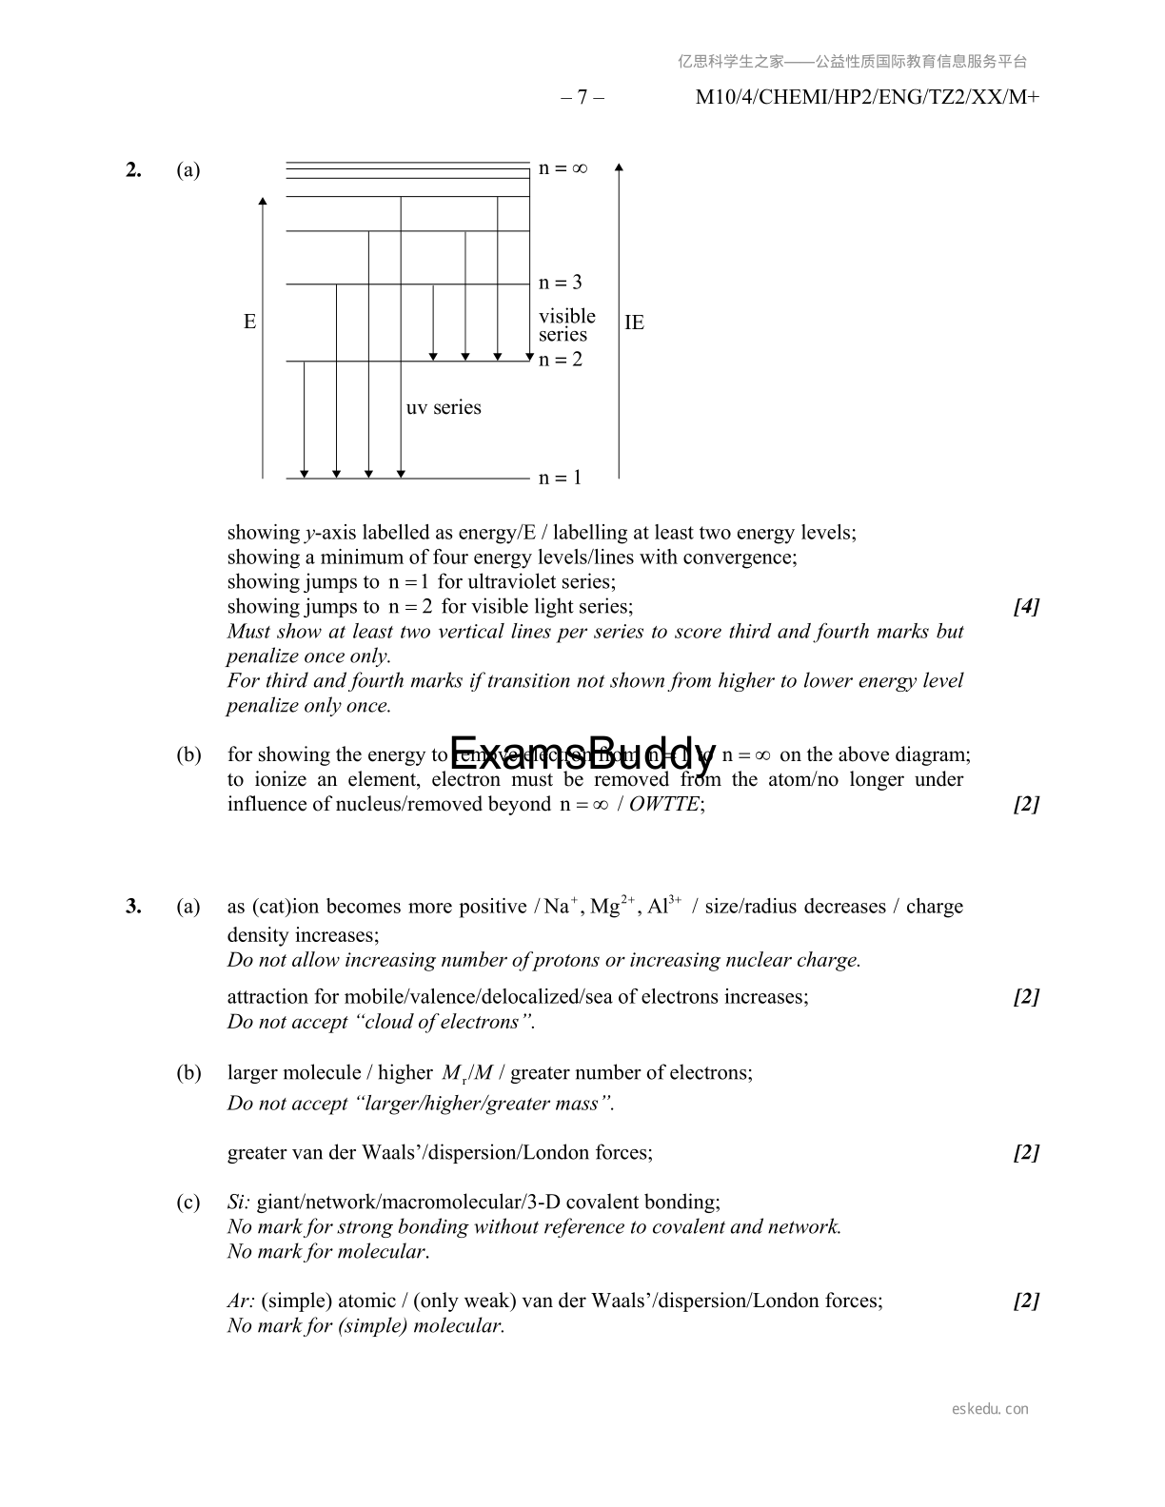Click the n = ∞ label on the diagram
click(x=563, y=168)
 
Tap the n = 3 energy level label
click(x=560, y=283)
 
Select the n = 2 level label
click(x=560, y=360)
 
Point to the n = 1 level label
click(x=560, y=478)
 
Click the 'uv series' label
click(x=444, y=407)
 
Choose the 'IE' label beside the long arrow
click(x=634, y=323)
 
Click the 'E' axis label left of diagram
click(x=249, y=322)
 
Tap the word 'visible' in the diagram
click(x=566, y=316)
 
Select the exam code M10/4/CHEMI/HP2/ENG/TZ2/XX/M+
click(x=867, y=97)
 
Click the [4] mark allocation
click(x=1026, y=606)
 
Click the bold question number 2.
click(x=133, y=169)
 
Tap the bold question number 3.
click(x=133, y=906)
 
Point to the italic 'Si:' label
click(x=239, y=1202)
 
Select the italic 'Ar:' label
click(x=241, y=1301)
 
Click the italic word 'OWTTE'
click(x=663, y=804)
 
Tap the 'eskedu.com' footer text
click(x=990, y=1409)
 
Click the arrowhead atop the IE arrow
click(x=619, y=167)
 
